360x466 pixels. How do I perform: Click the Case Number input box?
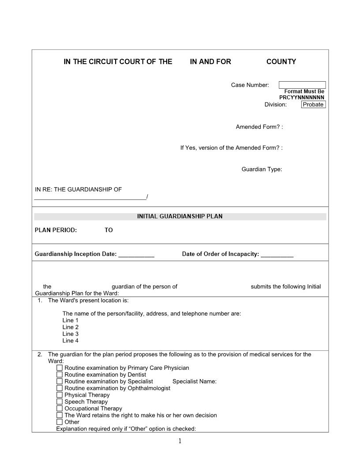point(302,85)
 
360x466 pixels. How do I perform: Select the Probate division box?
point(313,105)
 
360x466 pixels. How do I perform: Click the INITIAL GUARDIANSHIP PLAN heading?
point(180,216)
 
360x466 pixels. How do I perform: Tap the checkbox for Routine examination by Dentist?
point(60,375)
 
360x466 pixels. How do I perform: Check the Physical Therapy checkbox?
point(60,395)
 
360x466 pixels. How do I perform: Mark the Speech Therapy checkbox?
point(60,402)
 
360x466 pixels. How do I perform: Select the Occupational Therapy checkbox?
point(60,409)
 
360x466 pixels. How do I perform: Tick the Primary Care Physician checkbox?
point(60,368)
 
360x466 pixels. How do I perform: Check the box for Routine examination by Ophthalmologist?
point(60,388)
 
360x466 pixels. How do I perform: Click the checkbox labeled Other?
point(60,422)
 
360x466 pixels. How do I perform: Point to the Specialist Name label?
point(194,381)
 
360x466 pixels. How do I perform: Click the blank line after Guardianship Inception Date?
point(136,254)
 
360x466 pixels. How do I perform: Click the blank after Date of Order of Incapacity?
point(277,254)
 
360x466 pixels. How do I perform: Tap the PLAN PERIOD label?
point(56,230)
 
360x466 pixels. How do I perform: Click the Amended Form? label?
point(259,127)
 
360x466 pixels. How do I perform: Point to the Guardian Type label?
point(262,169)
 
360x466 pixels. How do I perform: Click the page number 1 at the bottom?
point(180,441)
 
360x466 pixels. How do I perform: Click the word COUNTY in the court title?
point(281,62)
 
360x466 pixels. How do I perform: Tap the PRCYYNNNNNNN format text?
point(302,98)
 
